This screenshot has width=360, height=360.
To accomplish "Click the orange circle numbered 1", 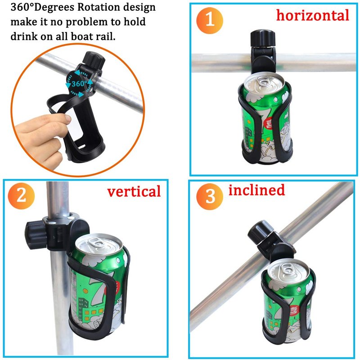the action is pyautogui.click(x=210, y=20).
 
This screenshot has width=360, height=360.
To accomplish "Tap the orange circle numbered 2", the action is pyautogui.click(x=21, y=196).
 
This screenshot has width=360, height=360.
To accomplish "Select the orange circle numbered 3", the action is pyautogui.click(x=210, y=197).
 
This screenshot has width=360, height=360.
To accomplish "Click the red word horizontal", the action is pyautogui.click(x=312, y=15).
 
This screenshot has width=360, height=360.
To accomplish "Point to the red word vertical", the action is pyautogui.click(x=134, y=192).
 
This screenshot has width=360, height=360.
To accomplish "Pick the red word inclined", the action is pyautogui.click(x=256, y=190).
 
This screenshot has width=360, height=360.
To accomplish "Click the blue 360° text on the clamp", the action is pyautogui.click(x=79, y=84).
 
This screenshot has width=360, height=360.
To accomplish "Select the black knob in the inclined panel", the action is pyautogui.click(x=261, y=232).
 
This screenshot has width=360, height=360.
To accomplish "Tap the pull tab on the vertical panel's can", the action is pyautogui.click(x=96, y=243).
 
